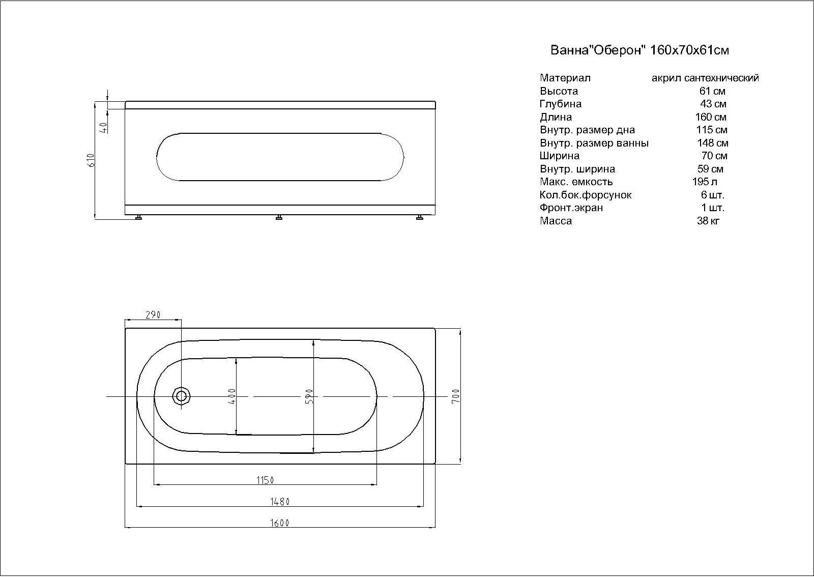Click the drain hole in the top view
182,396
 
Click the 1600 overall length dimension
280,523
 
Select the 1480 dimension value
280,501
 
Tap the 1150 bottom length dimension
265,480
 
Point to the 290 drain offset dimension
153,314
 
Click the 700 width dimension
455,396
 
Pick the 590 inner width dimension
309,396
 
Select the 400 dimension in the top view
232,396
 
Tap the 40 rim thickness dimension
103,127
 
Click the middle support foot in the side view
279,217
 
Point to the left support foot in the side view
138,217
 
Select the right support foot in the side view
420,217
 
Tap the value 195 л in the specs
705,182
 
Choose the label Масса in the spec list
556,221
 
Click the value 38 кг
708,221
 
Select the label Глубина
561,104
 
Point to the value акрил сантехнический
705,78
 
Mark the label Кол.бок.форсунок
586,195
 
